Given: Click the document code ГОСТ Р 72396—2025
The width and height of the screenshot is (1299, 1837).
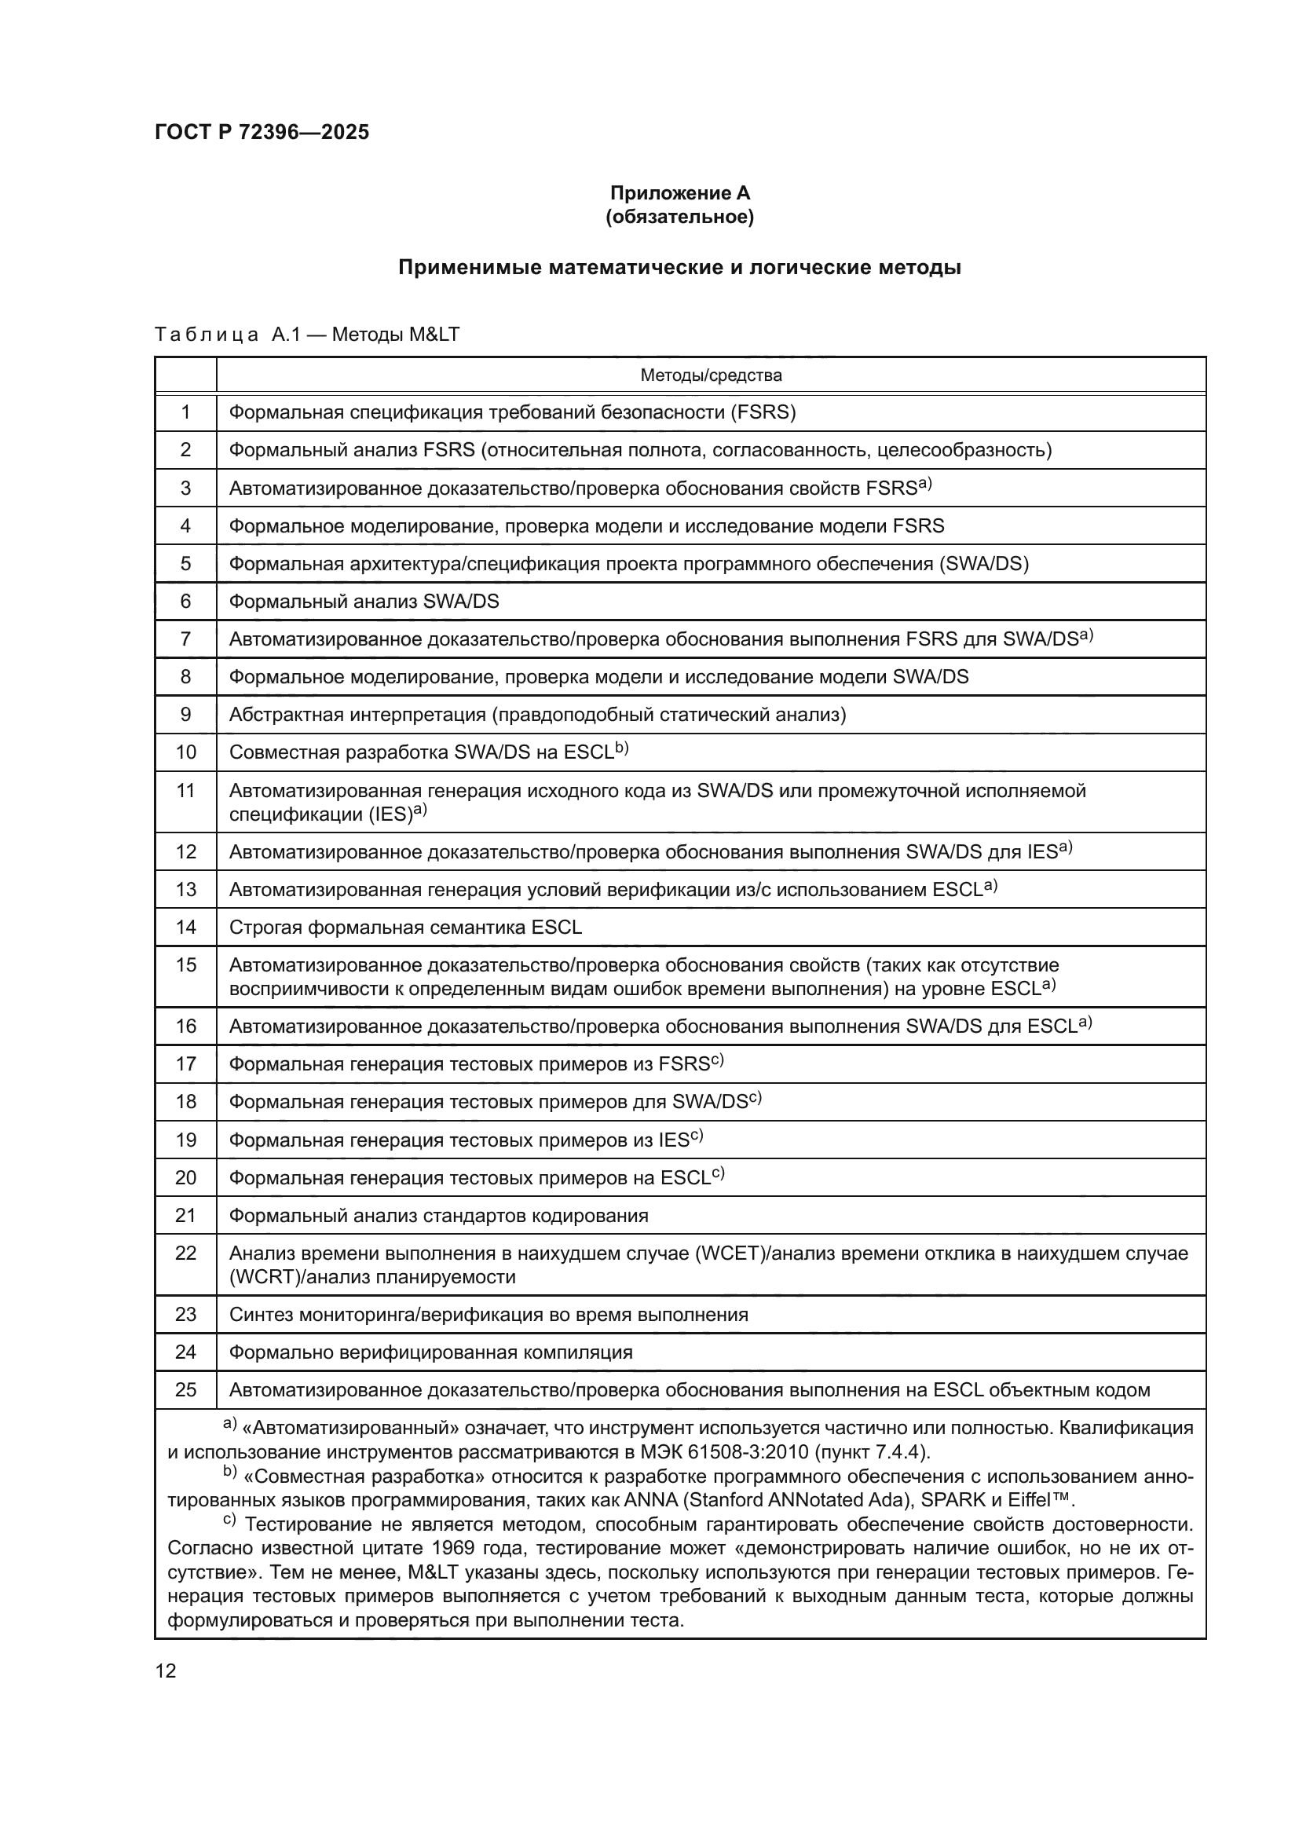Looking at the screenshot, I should pyautogui.click(x=262, y=132).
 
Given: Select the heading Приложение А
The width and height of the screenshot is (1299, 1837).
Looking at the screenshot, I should pyautogui.click(x=680, y=193).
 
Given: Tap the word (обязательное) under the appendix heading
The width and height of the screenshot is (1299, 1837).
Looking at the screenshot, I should pyautogui.click(x=680, y=217).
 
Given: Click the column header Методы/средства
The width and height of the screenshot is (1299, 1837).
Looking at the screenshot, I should pyautogui.click(x=710, y=375).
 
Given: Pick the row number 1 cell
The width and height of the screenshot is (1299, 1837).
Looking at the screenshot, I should pyautogui.click(x=185, y=412).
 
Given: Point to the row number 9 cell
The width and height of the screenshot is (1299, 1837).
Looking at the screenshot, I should pyautogui.click(x=185, y=715).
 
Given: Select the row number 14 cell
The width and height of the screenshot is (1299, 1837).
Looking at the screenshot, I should pyautogui.click(x=185, y=928).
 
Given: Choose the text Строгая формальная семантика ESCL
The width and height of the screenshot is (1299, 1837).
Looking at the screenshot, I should pyautogui.click(x=405, y=928).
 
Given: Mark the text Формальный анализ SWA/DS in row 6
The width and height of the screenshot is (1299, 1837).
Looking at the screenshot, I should pyautogui.click(x=364, y=601).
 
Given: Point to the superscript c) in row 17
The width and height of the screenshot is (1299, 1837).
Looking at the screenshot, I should pyautogui.click(x=718, y=1060).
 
